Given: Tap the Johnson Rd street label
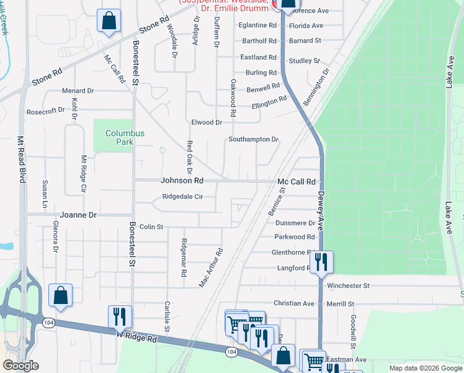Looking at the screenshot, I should [182, 181].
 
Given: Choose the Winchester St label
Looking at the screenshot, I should [348, 285].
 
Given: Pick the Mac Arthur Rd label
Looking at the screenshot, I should [211, 268].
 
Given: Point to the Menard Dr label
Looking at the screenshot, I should [78, 91].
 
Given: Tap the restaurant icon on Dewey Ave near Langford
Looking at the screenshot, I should [321, 261].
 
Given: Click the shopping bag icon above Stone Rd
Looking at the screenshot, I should [109, 21].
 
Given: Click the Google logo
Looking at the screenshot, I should [20, 366].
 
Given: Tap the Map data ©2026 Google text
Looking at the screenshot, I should [425, 368].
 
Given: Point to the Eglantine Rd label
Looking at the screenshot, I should [257, 25].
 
